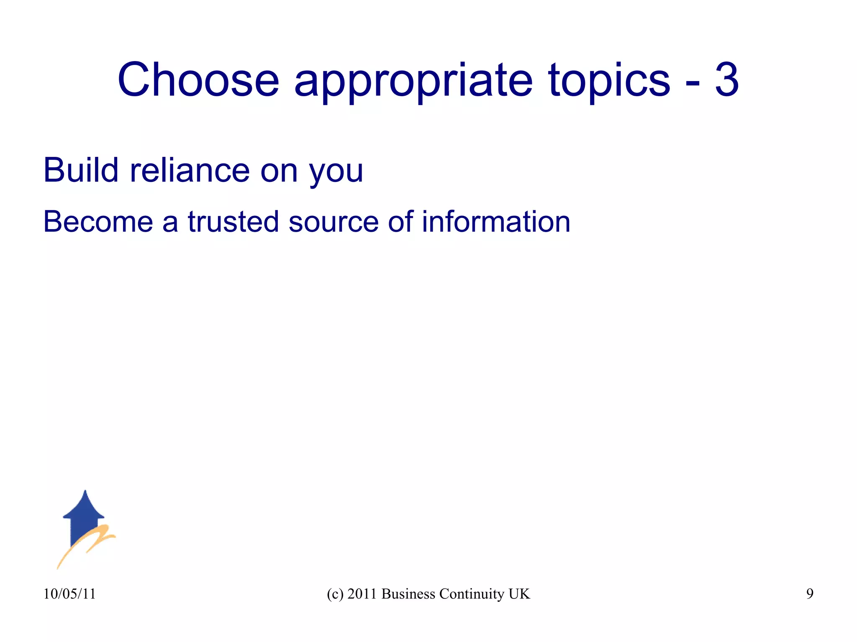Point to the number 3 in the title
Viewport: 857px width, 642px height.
(x=726, y=79)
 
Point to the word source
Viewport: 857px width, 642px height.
(x=334, y=222)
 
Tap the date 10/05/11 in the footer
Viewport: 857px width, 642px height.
(x=69, y=594)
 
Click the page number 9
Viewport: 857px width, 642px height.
(x=810, y=594)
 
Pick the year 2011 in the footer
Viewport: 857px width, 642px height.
(x=362, y=594)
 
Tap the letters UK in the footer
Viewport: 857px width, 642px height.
(x=519, y=594)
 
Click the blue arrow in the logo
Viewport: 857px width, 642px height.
(x=84, y=515)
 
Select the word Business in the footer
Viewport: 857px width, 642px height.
(x=408, y=594)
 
